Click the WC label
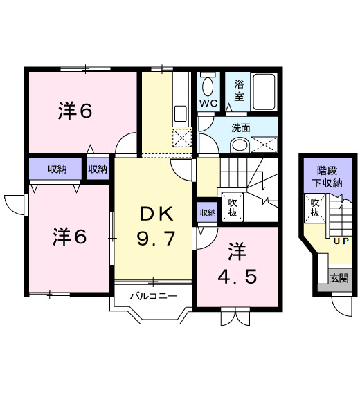pyautogui.click(x=208, y=103)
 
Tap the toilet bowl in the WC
pyautogui.click(x=208, y=86)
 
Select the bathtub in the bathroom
pyautogui.click(x=264, y=91)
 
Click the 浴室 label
pyautogui.click(x=239, y=91)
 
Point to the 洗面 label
pyautogui.click(x=241, y=128)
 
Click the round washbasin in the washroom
pyautogui.click(x=240, y=145)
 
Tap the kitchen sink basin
pyautogui.click(x=181, y=113)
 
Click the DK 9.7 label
pyautogui.click(x=156, y=226)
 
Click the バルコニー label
pyautogui.click(x=153, y=295)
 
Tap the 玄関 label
pyautogui.click(x=339, y=278)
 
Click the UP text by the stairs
pyautogui.click(x=341, y=241)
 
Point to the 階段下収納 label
pyautogui.click(x=327, y=177)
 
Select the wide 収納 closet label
pyautogui.click(x=57, y=169)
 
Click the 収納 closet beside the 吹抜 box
pyautogui.click(x=208, y=212)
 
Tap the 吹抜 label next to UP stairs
pyautogui.click(x=315, y=207)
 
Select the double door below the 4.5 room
pyautogui.click(x=235, y=316)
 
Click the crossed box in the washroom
pyautogui.click(x=264, y=145)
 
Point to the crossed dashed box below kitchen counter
pyautogui.click(x=182, y=138)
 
